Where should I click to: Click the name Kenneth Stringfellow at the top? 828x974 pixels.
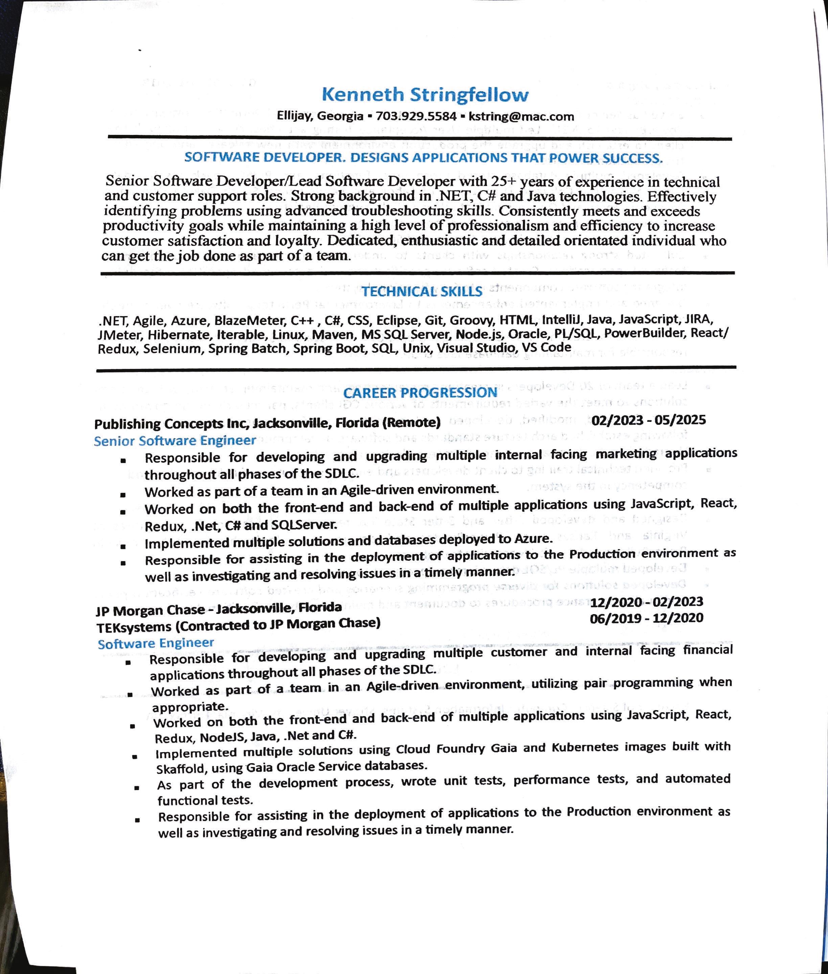click(x=425, y=95)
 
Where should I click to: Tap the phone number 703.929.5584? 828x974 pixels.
click(x=416, y=116)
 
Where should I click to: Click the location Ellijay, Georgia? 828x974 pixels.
click(x=320, y=116)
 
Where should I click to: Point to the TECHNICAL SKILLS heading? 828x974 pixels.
click(x=421, y=292)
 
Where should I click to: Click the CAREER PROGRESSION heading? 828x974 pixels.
click(x=420, y=392)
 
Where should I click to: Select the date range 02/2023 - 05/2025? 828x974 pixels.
click(x=648, y=420)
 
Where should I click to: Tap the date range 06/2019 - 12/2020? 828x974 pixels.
click(x=646, y=618)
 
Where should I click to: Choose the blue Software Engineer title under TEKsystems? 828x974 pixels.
click(x=156, y=643)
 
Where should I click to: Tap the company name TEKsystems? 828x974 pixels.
click(x=134, y=627)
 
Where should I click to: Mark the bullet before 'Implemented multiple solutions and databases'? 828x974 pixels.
click(x=123, y=546)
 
